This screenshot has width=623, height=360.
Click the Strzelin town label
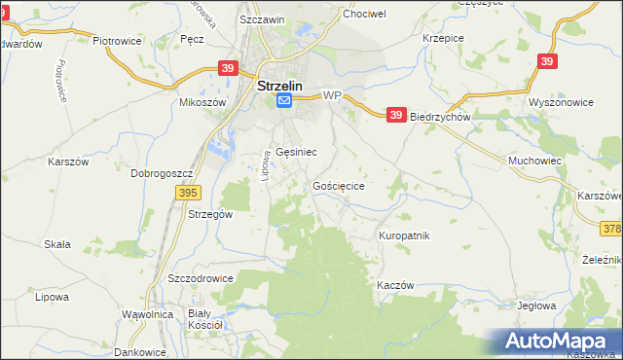pyautogui.click(x=280, y=85)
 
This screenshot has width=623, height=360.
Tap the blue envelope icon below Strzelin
pyautogui.click(x=283, y=100)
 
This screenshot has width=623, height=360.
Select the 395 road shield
pyautogui.click(x=190, y=194)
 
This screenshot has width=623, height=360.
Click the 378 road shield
pyautogui.click(x=612, y=228)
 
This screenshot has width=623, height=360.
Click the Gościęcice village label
pyautogui.click(x=339, y=185)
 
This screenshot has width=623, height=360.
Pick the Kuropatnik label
pyautogui.click(x=403, y=235)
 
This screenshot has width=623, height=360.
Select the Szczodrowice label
pyautogui.click(x=201, y=277)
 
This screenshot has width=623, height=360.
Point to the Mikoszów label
pyautogui.click(x=202, y=102)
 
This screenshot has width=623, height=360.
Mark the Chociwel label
pyautogui.click(x=364, y=15)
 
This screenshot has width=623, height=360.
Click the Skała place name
pyautogui.click(x=56, y=244)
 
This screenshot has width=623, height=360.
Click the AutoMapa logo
pyautogui.click(x=559, y=341)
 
